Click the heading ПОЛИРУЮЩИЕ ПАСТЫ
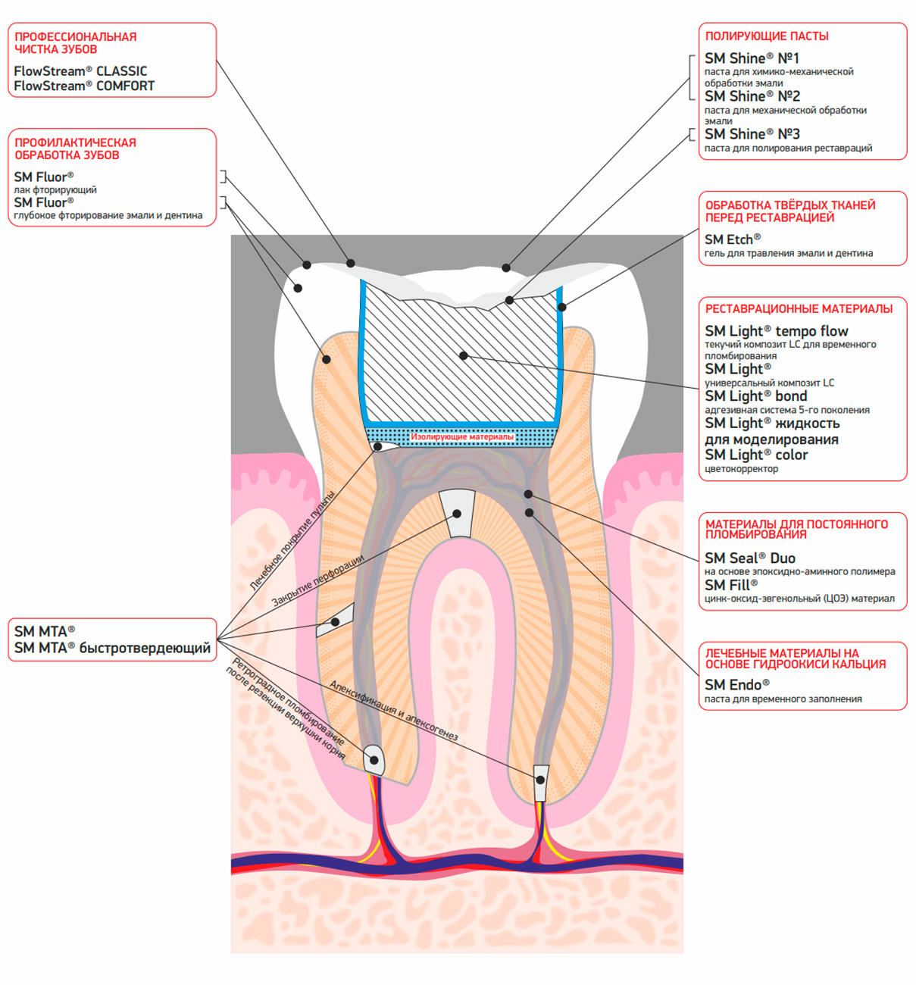click(766, 36)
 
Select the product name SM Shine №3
click(752, 134)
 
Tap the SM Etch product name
click(733, 239)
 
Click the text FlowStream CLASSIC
click(80, 71)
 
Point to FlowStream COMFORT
click(84, 86)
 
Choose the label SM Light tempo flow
click(776, 331)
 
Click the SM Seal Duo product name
click(750, 558)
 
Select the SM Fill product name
click(731, 585)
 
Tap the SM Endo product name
click(737, 684)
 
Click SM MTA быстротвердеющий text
click(112, 648)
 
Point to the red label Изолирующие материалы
click(461, 437)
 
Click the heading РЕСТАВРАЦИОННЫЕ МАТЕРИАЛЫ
click(799, 309)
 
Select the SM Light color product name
click(756, 455)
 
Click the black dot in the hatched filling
click(463, 355)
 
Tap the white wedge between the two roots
click(457, 514)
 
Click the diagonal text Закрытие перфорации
click(317, 580)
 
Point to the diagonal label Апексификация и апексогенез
click(394, 711)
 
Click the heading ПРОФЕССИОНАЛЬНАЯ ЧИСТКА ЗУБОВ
click(75, 42)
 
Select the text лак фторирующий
click(55, 189)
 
